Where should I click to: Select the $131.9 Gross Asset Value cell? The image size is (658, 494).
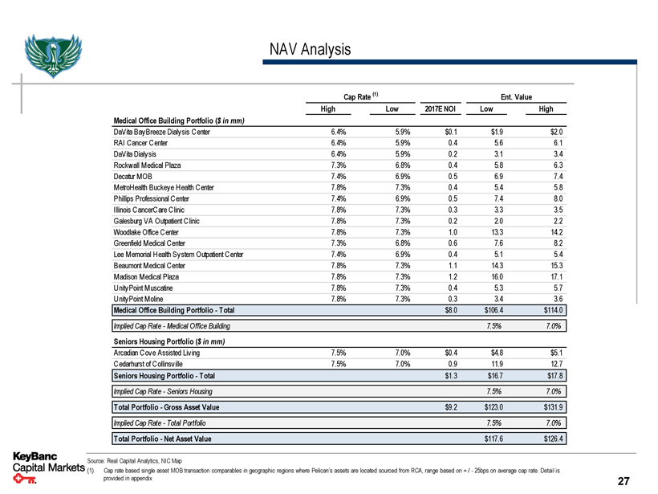pyautogui.click(x=552, y=407)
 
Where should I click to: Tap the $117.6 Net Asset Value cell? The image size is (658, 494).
pyautogui.click(x=491, y=439)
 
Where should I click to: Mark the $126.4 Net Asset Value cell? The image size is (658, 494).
pyautogui.click(x=552, y=439)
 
